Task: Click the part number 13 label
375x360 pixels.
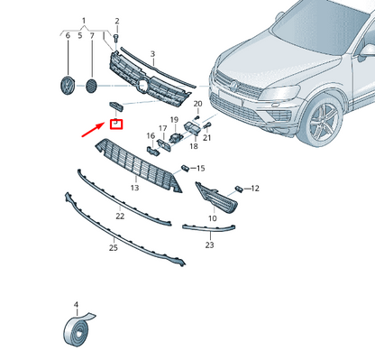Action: point(134,188)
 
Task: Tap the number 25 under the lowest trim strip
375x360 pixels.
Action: point(114,248)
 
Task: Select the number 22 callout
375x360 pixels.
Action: point(120,216)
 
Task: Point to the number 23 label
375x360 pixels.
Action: point(209,245)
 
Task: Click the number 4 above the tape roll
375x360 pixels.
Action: point(76,305)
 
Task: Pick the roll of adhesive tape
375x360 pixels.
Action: point(78,329)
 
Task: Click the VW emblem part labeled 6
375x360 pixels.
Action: point(68,86)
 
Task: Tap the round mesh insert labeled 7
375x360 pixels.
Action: point(91,86)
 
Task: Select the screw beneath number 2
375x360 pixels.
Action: point(116,38)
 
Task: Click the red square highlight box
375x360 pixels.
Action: point(116,125)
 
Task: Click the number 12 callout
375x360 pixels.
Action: point(255,189)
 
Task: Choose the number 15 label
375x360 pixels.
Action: point(201,168)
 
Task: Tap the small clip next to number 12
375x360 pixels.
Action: point(239,189)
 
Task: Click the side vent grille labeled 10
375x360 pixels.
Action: point(216,198)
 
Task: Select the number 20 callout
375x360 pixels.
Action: point(197,104)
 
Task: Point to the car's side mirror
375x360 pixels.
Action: point(367,51)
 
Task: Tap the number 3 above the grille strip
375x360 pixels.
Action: point(152,54)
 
